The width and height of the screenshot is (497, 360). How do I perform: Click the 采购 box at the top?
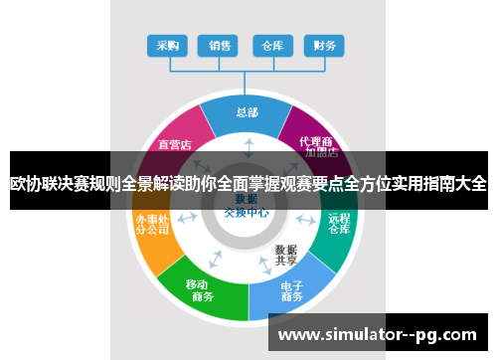tap(167, 45)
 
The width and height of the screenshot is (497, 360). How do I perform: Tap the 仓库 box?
tap(271, 45)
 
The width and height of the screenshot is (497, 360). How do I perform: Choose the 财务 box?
tap(323, 45)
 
